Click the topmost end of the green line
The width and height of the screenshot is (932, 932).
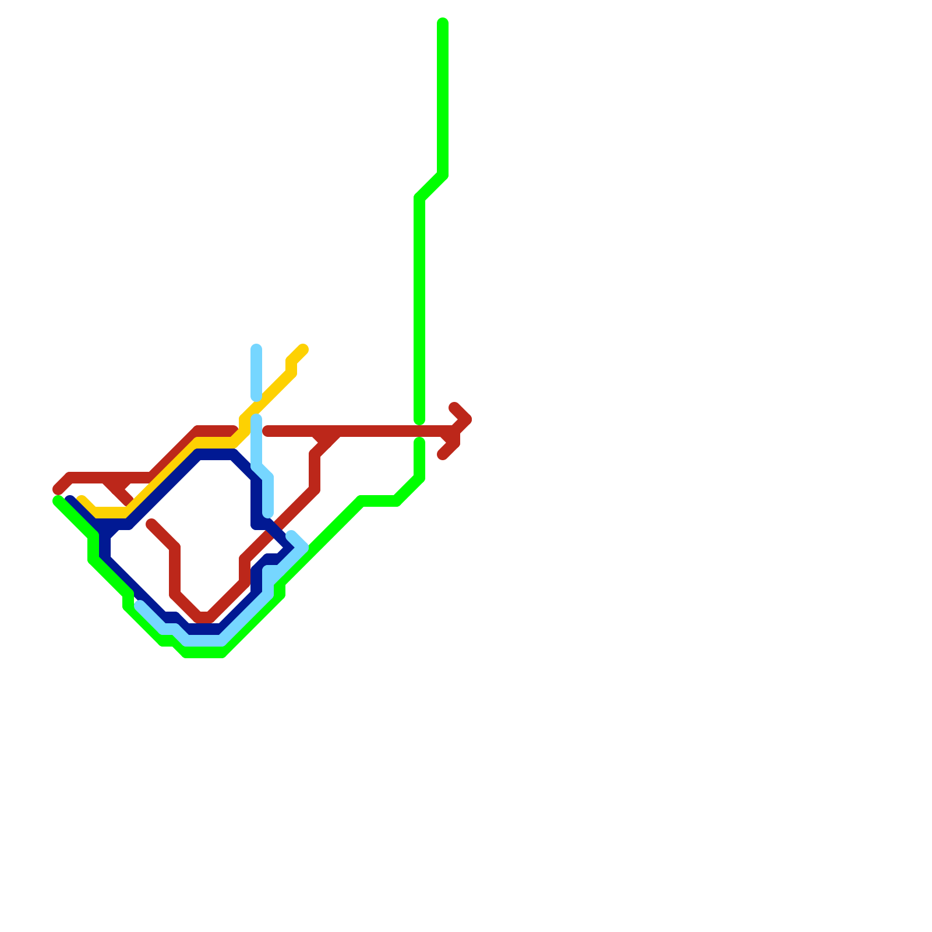pos(443,23)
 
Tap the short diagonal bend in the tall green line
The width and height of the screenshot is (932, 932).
pos(431,186)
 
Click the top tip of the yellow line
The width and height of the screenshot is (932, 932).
pos(303,349)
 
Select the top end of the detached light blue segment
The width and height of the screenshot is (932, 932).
pos(256,349)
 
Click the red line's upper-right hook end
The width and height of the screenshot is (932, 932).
pos(454,407)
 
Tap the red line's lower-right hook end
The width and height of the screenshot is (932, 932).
pos(443,455)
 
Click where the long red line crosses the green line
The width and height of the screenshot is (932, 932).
pos(419,432)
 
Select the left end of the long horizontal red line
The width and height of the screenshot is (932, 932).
pos(267,432)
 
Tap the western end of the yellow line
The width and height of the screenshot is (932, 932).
pos(82,499)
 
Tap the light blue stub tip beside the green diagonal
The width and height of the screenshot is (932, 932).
pos(291,535)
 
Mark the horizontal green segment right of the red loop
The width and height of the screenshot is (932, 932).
pos(379,501)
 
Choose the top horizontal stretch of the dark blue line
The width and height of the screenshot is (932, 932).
pos(216,454)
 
